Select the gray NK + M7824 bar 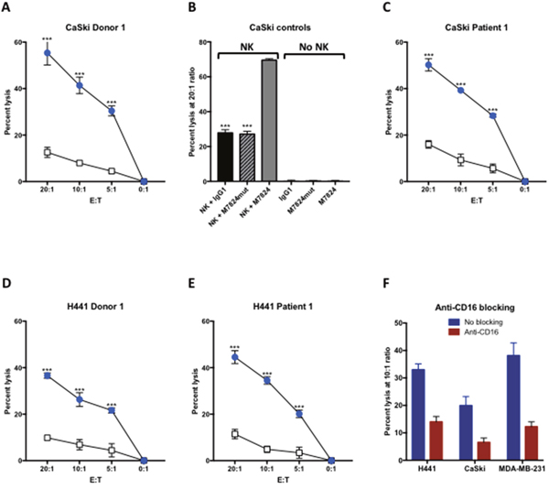point(267,120)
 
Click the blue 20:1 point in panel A point(48,53)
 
